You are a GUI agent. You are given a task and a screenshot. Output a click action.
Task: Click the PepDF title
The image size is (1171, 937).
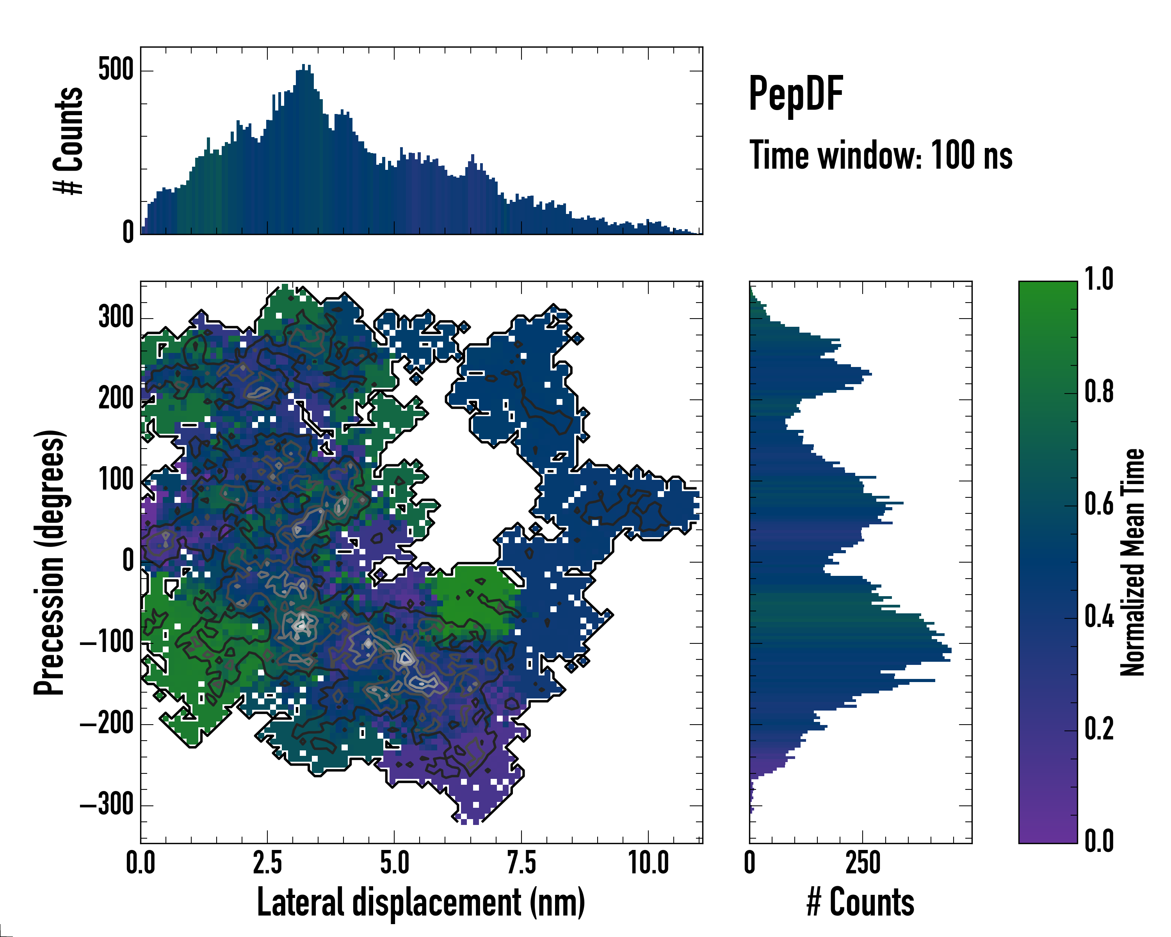(795, 94)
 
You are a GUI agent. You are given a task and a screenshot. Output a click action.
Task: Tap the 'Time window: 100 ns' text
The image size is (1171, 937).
(881, 155)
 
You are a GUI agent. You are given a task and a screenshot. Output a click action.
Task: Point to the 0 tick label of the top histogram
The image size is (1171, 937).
(128, 232)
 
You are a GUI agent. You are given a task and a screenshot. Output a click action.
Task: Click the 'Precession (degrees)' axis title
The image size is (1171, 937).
(50, 562)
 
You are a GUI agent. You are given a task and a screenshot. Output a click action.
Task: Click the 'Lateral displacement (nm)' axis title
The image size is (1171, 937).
(421, 902)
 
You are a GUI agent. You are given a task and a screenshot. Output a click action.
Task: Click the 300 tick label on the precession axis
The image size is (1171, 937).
(116, 317)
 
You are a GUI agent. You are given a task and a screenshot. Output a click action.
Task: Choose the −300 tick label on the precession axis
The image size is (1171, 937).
(107, 805)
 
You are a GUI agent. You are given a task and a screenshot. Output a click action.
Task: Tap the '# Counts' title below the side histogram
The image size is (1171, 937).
(860, 902)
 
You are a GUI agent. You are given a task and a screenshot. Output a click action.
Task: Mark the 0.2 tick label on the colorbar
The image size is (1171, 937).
(1099, 729)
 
